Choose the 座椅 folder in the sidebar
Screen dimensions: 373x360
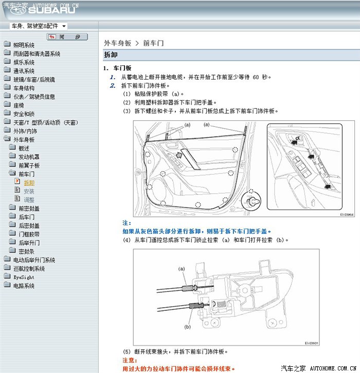(x=19, y=105)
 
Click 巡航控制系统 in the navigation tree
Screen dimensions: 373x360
(x=29, y=269)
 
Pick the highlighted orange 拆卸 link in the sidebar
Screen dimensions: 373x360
(x=29, y=182)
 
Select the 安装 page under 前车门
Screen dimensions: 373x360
(x=29, y=191)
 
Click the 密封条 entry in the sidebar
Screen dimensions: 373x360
(x=26, y=251)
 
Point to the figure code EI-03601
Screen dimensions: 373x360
(x=312, y=343)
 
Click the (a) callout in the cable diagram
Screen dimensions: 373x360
(x=181, y=269)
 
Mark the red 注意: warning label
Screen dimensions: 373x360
(x=129, y=361)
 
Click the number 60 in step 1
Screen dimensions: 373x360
(x=257, y=77)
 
